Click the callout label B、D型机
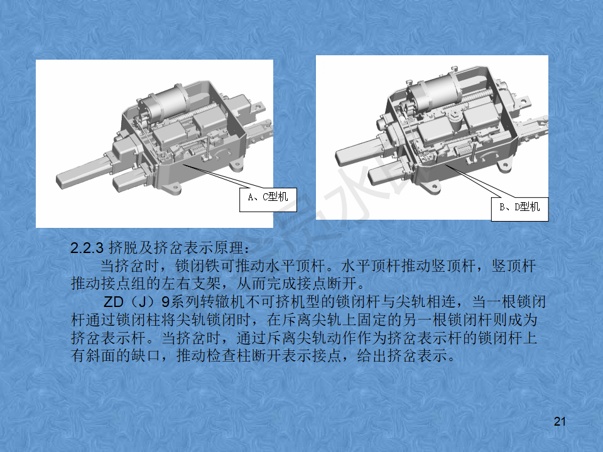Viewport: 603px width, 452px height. tap(519, 207)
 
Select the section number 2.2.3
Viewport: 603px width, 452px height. tap(88, 246)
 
